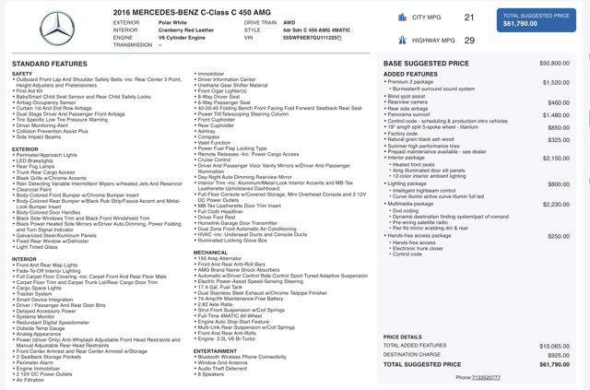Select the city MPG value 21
click(469, 18)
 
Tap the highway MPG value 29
click(469, 41)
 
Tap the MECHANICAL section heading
click(211, 252)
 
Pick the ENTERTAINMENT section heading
click(216, 350)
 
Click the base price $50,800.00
click(554, 63)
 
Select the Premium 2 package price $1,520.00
click(556, 82)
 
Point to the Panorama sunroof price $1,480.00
click(556, 114)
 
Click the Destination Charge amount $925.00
click(559, 354)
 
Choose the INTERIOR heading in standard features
click(25, 258)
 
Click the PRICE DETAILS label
click(403, 337)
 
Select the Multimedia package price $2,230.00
click(556, 204)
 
